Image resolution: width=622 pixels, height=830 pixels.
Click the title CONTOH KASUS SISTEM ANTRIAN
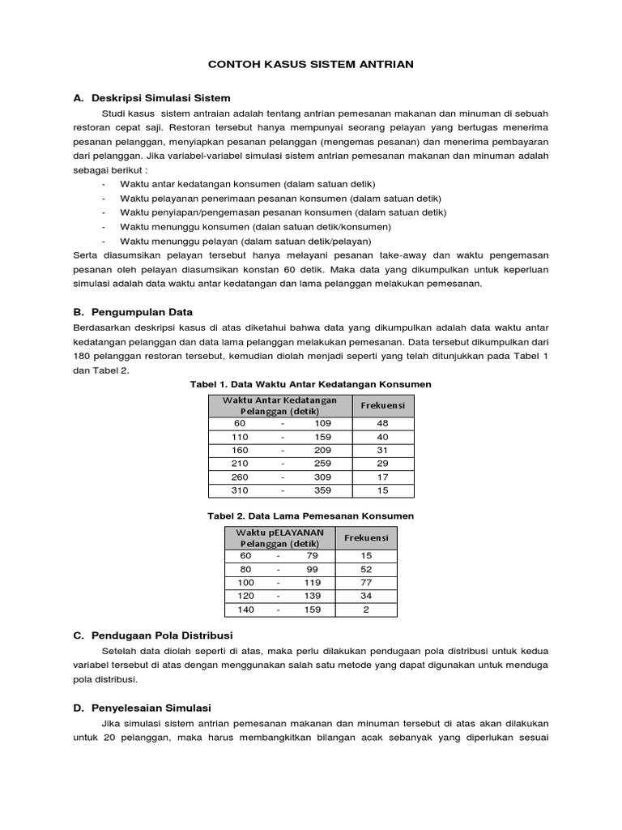point(311,63)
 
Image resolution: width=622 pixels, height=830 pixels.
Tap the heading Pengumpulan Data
point(143,311)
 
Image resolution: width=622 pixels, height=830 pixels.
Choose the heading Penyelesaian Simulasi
point(152,708)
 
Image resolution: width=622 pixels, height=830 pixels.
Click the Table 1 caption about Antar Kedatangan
point(311,383)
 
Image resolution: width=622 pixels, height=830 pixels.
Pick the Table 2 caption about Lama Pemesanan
point(311,516)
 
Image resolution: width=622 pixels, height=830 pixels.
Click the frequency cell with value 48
point(382,424)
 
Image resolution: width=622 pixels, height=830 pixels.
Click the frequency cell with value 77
point(366,582)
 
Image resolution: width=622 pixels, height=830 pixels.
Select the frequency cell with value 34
point(366,596)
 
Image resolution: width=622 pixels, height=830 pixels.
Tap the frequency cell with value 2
point(366,610)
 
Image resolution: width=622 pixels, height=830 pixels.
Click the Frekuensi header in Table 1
point(382,404)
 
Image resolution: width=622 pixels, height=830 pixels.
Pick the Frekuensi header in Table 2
point(366,537)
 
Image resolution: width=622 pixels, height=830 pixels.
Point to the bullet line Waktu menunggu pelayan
point(245,242)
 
